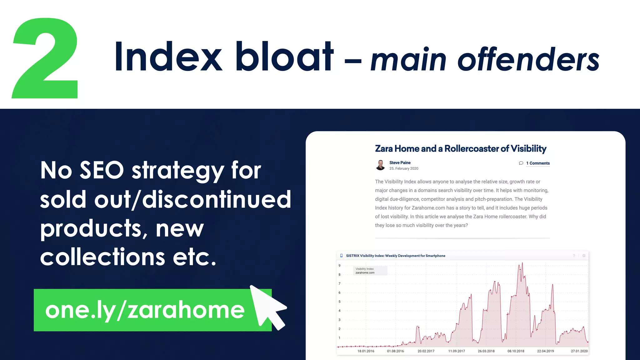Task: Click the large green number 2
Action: pos(45,59)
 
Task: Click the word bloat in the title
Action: pos(284,57)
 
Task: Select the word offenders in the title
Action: pos(528,59)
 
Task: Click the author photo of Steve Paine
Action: pos(380,165)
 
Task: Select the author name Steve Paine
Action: pos(400,162)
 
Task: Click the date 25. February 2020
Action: pos(403,168)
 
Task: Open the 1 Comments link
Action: pos(537,163)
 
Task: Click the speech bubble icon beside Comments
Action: pos(521,163)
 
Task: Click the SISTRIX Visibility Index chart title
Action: pos(395,256)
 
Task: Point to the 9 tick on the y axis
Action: pos(339,266)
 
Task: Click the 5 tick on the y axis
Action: pos(339,302)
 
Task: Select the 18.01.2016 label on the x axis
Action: pos(366,351)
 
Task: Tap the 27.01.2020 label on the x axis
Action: pos(579,351)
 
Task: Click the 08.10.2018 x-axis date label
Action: pos(516,351)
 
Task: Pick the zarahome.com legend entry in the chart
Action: pos(365,273)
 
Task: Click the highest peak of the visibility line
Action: pos(522,263)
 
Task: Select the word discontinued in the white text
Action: pos(217,199)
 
